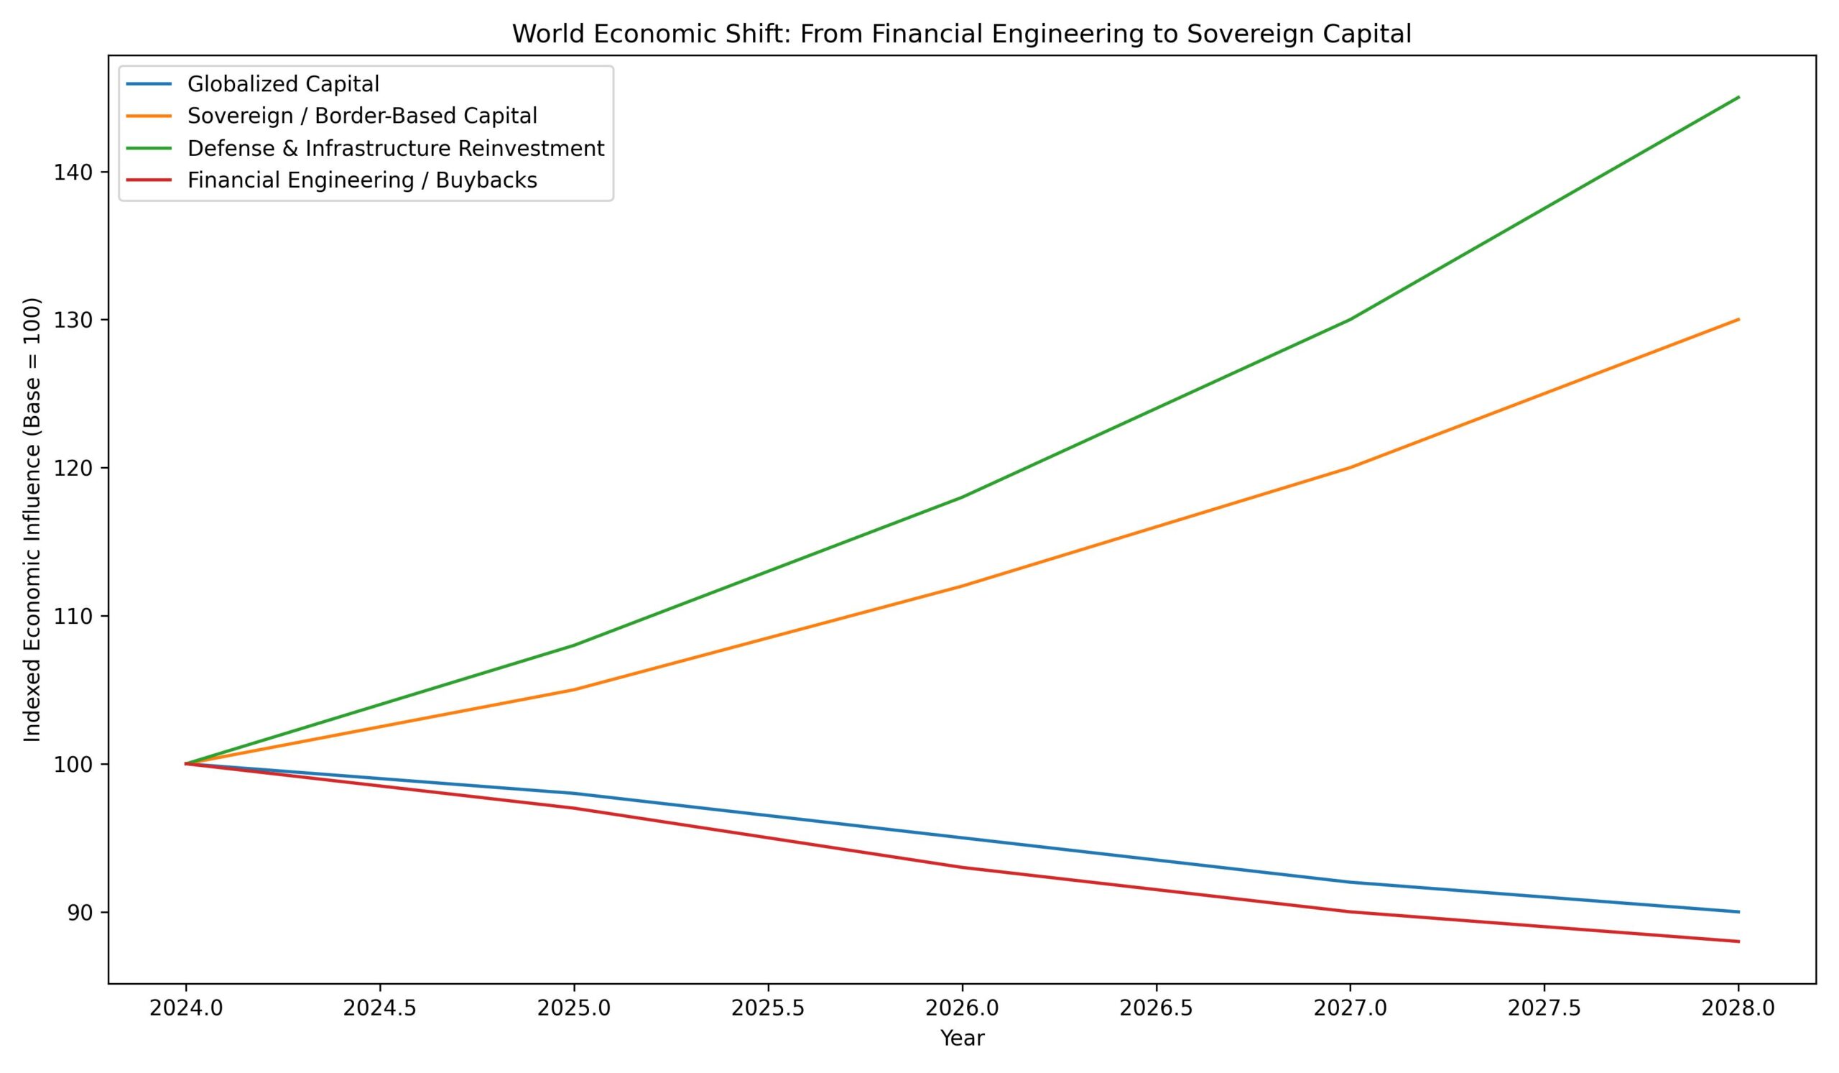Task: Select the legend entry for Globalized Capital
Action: (x=283, y=84)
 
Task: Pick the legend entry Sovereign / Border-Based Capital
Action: (x=362, y=116)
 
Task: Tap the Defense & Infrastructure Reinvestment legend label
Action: (x=396, y=148)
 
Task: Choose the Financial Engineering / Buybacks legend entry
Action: (x=362, y=180)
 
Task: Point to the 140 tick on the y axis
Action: (x=71, y=172)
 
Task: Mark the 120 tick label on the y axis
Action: (x=71, y=468)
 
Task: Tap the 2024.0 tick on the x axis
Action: (x=185, y=1008)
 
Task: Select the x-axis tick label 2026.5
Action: (x=1156, y=1008)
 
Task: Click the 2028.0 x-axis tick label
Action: (x=1738, y=1008)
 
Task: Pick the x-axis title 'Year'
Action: (x=962, y=1039)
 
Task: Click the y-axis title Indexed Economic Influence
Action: (x=32, y=520)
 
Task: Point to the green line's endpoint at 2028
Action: (x=1739, y=97)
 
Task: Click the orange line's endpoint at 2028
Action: (x=1739, y=319)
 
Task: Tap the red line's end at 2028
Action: (x=1739, y=941)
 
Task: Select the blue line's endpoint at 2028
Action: (x=1739, y=912)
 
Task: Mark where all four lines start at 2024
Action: (x=186, y=763)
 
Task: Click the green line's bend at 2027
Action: (x=1351, y=319)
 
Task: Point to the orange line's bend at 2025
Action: (x=574, y=689)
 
